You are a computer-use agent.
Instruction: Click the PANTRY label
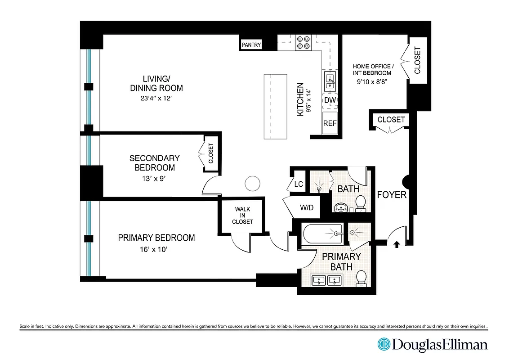[251, 45]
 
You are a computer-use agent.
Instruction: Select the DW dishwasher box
[330, 100]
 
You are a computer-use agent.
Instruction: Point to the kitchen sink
[330, 80]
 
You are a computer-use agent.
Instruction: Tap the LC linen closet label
[298, 184]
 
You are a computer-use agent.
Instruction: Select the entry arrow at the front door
[397, 244]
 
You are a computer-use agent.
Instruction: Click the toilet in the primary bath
[361, 279]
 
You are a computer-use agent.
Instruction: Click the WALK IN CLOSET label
[242, 216]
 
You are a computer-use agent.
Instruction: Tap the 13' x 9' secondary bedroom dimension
[154, 178]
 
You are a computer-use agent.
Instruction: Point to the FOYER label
[391, 195]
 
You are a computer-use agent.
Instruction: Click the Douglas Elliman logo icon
[384, 345]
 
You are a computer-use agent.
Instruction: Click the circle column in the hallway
[252, 183]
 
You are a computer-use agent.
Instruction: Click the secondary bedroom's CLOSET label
[211, 153]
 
